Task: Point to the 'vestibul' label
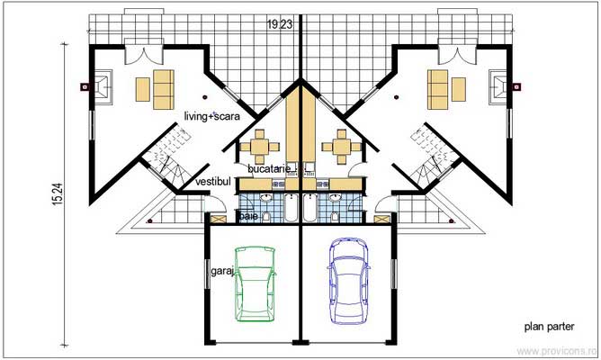(212, 183)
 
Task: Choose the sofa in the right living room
(439, 87)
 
